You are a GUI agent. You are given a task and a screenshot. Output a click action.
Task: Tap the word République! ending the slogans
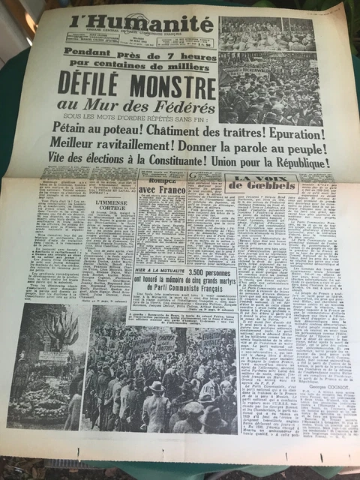pos(307,166)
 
